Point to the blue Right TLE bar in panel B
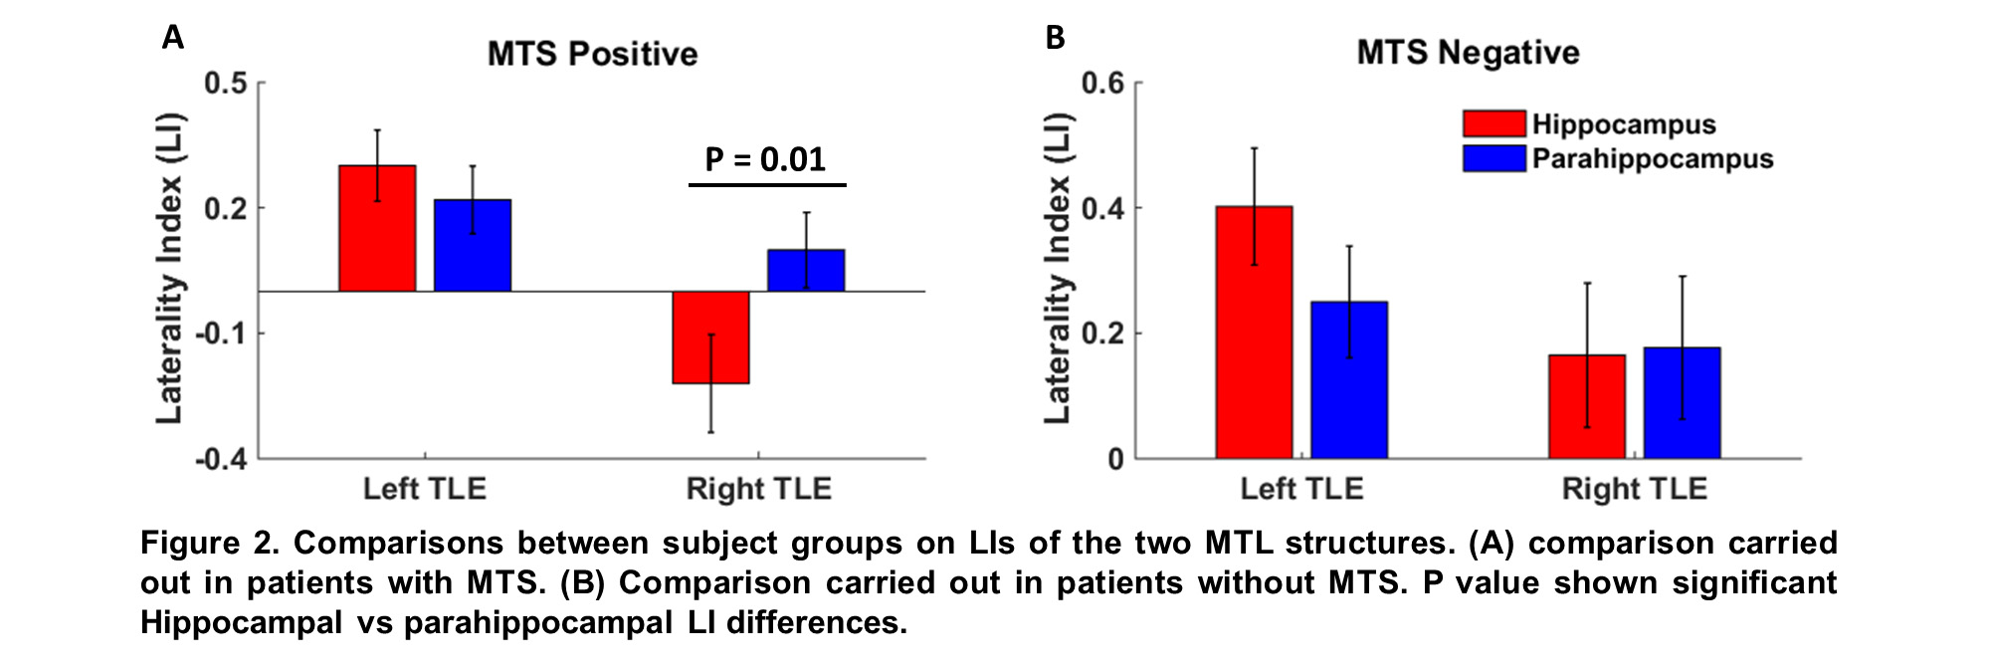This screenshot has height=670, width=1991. [1682, 403]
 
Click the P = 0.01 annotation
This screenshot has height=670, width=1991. [765, 159]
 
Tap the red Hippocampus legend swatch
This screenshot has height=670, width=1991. [1493, 123]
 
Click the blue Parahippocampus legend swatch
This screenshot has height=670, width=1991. [1493, 158]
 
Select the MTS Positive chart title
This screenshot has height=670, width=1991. [592, 54]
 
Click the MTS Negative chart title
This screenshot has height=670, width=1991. [1468, 52]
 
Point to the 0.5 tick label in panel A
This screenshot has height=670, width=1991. [226, 83]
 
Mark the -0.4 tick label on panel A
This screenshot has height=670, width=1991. [221, 459]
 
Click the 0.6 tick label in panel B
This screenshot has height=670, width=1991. [1102, 83]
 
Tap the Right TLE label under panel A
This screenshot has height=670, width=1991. [758, 489]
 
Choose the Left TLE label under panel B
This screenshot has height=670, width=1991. [1301, 489]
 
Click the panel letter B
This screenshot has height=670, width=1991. [1055, 38]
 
